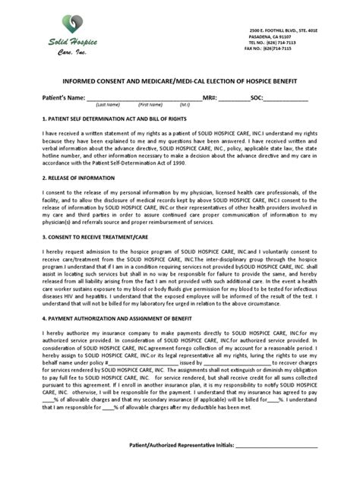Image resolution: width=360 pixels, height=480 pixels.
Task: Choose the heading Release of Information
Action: click(78, 178)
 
